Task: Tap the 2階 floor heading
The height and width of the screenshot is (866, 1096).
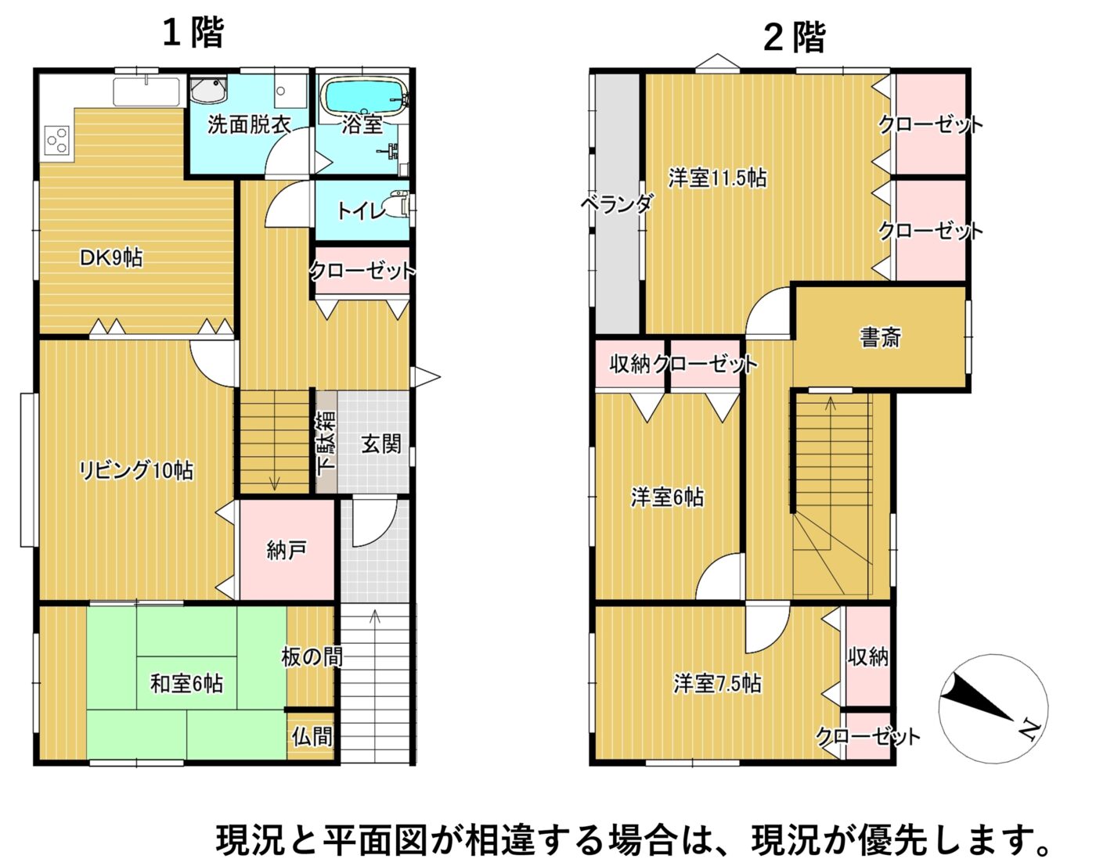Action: pos(794,38)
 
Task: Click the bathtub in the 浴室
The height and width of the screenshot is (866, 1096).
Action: pos(365,95)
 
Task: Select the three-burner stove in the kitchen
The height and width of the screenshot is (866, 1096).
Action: pos(56,139)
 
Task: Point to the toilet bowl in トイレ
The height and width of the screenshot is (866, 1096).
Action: pos(396,206)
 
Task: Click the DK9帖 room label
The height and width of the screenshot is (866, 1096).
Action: pos(111,258)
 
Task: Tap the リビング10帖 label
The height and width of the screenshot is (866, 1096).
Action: pos(136,470)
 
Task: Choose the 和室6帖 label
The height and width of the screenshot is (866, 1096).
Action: pos(186,683)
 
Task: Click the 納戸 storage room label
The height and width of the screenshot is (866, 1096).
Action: pos(287,550)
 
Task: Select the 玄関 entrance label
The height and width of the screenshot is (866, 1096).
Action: pos(381,444)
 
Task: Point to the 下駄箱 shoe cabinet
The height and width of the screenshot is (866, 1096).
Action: pos(326,442)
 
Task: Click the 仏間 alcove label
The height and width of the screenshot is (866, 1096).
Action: pos(312,735)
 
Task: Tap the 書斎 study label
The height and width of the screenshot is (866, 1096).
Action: pos(881,336)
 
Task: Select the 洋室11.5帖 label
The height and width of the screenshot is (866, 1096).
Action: pos(717,178)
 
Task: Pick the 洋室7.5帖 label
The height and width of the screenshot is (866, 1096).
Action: pos(717,683)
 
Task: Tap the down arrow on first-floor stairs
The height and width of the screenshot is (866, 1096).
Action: pos(275,480)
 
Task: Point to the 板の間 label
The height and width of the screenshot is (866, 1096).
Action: pos(312,657)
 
